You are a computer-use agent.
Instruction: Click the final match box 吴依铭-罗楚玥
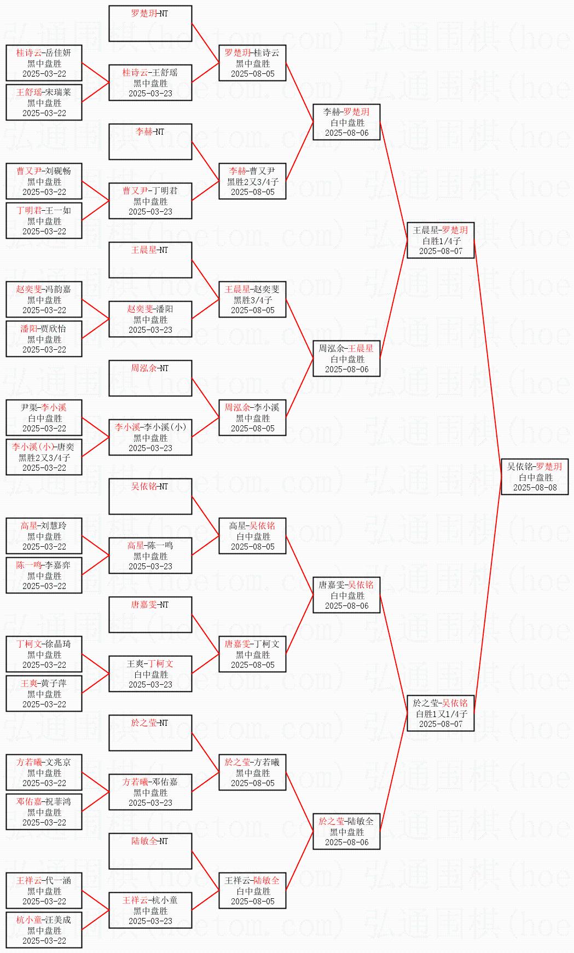pos(535,477)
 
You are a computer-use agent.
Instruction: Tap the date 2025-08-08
pos(535,487)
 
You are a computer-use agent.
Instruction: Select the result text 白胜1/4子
pos(441,241)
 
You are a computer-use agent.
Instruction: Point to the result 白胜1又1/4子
pos(441,714)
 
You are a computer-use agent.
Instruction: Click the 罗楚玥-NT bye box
pos(150,24)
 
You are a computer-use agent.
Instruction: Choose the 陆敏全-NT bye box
pos(150,851)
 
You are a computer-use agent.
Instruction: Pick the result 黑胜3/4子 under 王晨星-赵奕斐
pos(253,300)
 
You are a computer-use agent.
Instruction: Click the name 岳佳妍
pos(58,53)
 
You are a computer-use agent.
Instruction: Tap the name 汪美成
pos(58,920)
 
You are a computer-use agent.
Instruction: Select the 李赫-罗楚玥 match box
pos(346,122)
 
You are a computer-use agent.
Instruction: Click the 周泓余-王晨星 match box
pos(346,359)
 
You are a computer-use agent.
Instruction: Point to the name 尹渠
pos(28,408)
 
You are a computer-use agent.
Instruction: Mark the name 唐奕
pos(66,447)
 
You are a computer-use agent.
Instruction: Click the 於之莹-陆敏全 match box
pos(346,831)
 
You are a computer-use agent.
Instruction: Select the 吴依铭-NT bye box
pos(150,496)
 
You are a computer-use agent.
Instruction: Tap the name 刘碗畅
pos(58,171)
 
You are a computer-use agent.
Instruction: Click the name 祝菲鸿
pos(58,802)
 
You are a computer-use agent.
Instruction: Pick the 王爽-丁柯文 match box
pos(150,674)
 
